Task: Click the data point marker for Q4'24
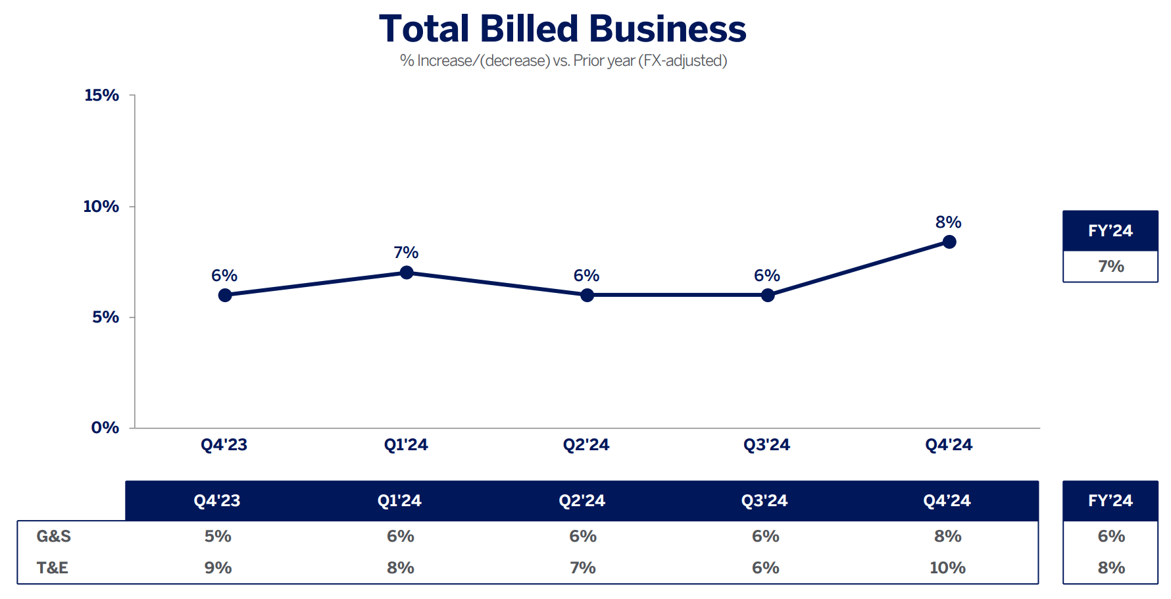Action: (x=949, y=242)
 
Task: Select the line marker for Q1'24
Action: (x=407, y=273)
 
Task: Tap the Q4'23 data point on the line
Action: (x=225, y=295)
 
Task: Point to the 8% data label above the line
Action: (x=948, y=222)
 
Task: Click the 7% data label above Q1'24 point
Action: (x=406, y=253)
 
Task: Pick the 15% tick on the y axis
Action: (x=102, y=95)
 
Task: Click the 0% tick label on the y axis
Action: (x=105, y=428)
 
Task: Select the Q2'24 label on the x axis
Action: (x=586, y=445)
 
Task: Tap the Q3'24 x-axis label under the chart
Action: (x=766, y=445)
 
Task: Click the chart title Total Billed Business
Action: (x=562, y=29)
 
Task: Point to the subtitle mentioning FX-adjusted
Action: (x=563, y=61)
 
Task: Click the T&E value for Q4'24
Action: (x=947, y=567)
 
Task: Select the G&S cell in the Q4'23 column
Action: (x=218, y=536)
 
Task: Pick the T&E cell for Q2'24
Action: (x=583, y=567)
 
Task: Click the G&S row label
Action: (x=54, y=536)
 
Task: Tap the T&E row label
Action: (x=53, y=567)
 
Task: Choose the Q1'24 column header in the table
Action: (x=399, y=501)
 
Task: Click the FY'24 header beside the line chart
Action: (x=1110, y=231)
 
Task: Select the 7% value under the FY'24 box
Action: (x=1110, y=267)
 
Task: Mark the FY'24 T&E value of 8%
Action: (x=1110, y=567)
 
